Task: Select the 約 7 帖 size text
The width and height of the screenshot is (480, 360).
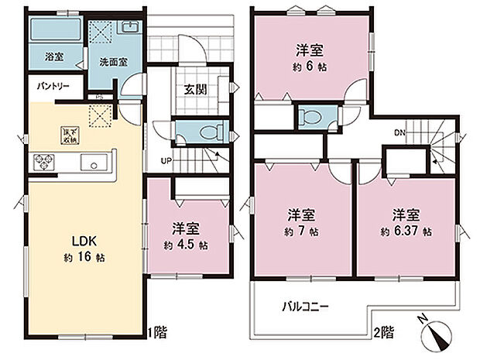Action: (301, 231)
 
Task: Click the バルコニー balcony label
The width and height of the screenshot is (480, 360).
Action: (305, 307)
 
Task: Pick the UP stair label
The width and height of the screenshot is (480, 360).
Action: (166, 160)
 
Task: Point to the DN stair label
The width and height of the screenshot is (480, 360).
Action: (399, 132)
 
